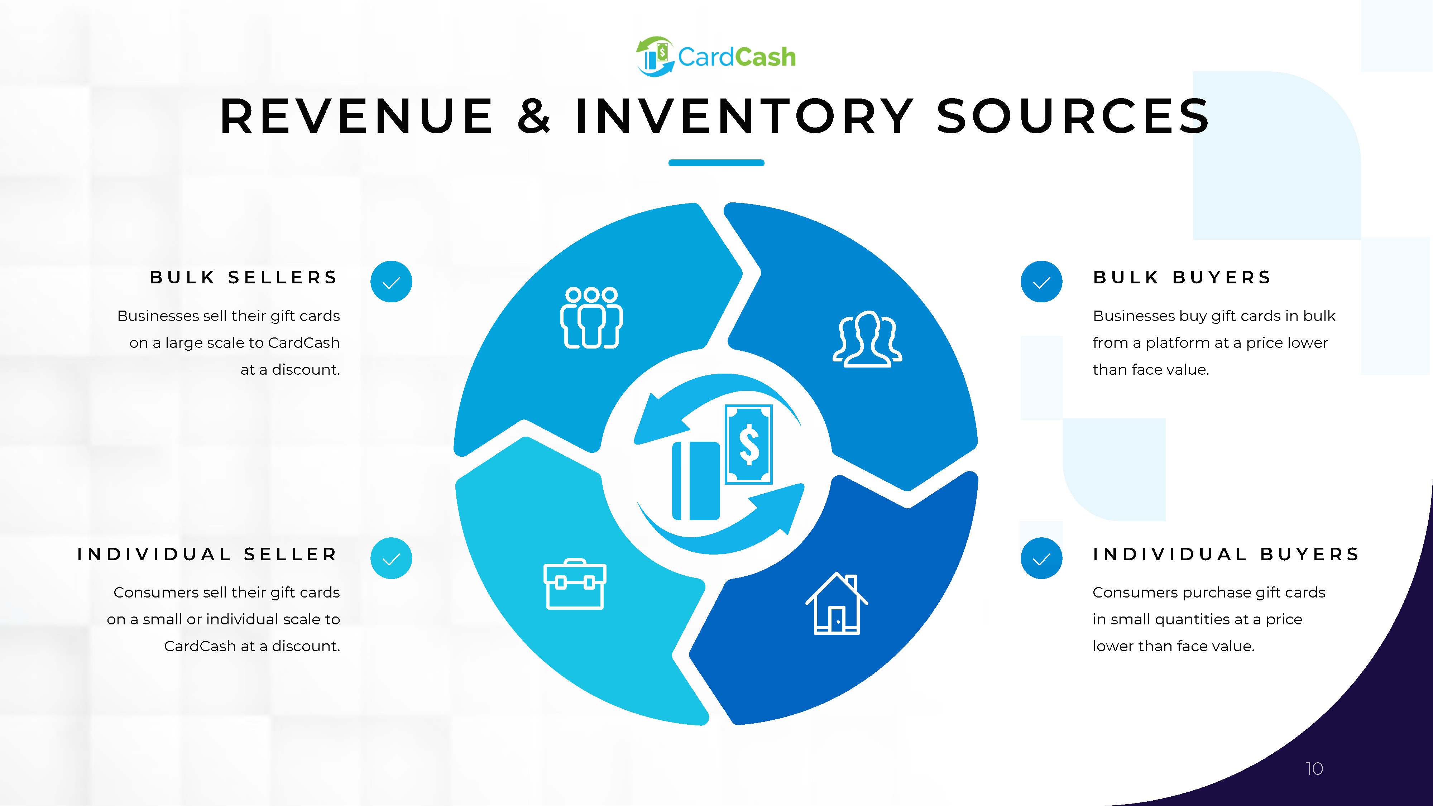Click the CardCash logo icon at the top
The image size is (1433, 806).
[x=655, y=56]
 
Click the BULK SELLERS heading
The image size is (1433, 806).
[x=244, y=277]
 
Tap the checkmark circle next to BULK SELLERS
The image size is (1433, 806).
[x=391, y=282]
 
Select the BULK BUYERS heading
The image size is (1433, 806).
[x=1182, y=277]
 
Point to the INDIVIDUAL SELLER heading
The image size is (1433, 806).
[x=207, y=554]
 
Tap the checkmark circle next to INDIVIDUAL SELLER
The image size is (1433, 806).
[x=391, y=558]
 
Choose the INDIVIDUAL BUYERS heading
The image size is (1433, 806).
[x=1226, y=554]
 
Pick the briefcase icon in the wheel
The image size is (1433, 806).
[x=575, y=584]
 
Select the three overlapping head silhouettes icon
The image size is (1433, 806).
[x=867, y=339]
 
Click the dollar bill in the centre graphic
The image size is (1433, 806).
[x=749, y=444]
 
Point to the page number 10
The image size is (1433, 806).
[x=1314, y=769]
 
